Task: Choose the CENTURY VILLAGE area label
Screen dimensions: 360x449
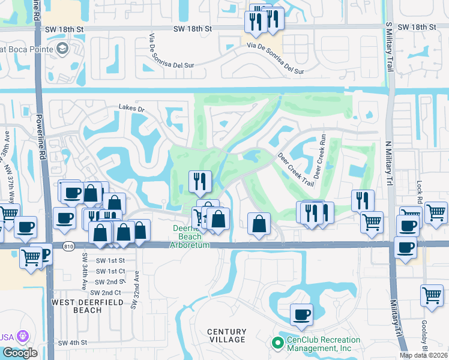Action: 227,335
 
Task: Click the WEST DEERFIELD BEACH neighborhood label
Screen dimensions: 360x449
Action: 79,305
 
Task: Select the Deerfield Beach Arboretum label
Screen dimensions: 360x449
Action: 190,237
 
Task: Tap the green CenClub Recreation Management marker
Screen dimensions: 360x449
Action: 277,343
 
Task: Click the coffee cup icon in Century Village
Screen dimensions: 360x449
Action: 302,314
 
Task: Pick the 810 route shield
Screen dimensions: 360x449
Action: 67,245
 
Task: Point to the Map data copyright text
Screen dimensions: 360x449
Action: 423,355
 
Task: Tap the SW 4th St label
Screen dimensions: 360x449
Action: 73,343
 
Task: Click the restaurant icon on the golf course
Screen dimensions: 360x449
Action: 200,181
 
